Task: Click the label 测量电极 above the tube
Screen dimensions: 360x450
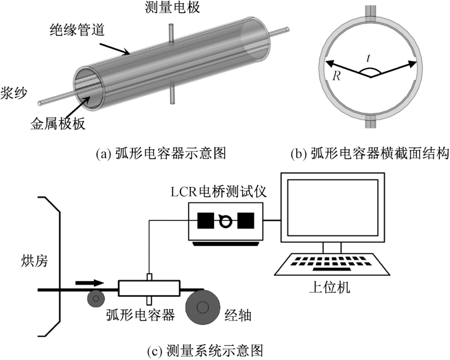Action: click(x=170, y=8)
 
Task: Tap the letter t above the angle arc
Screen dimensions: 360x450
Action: click(x=368, y=58)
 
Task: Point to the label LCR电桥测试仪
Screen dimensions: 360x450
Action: click(x=225, y=190)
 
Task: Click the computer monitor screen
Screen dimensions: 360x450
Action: click(x=332, y=207)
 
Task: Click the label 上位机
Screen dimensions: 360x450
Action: click(x=332, y=287)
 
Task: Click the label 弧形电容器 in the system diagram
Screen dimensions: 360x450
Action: click(x=140, y=315)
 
